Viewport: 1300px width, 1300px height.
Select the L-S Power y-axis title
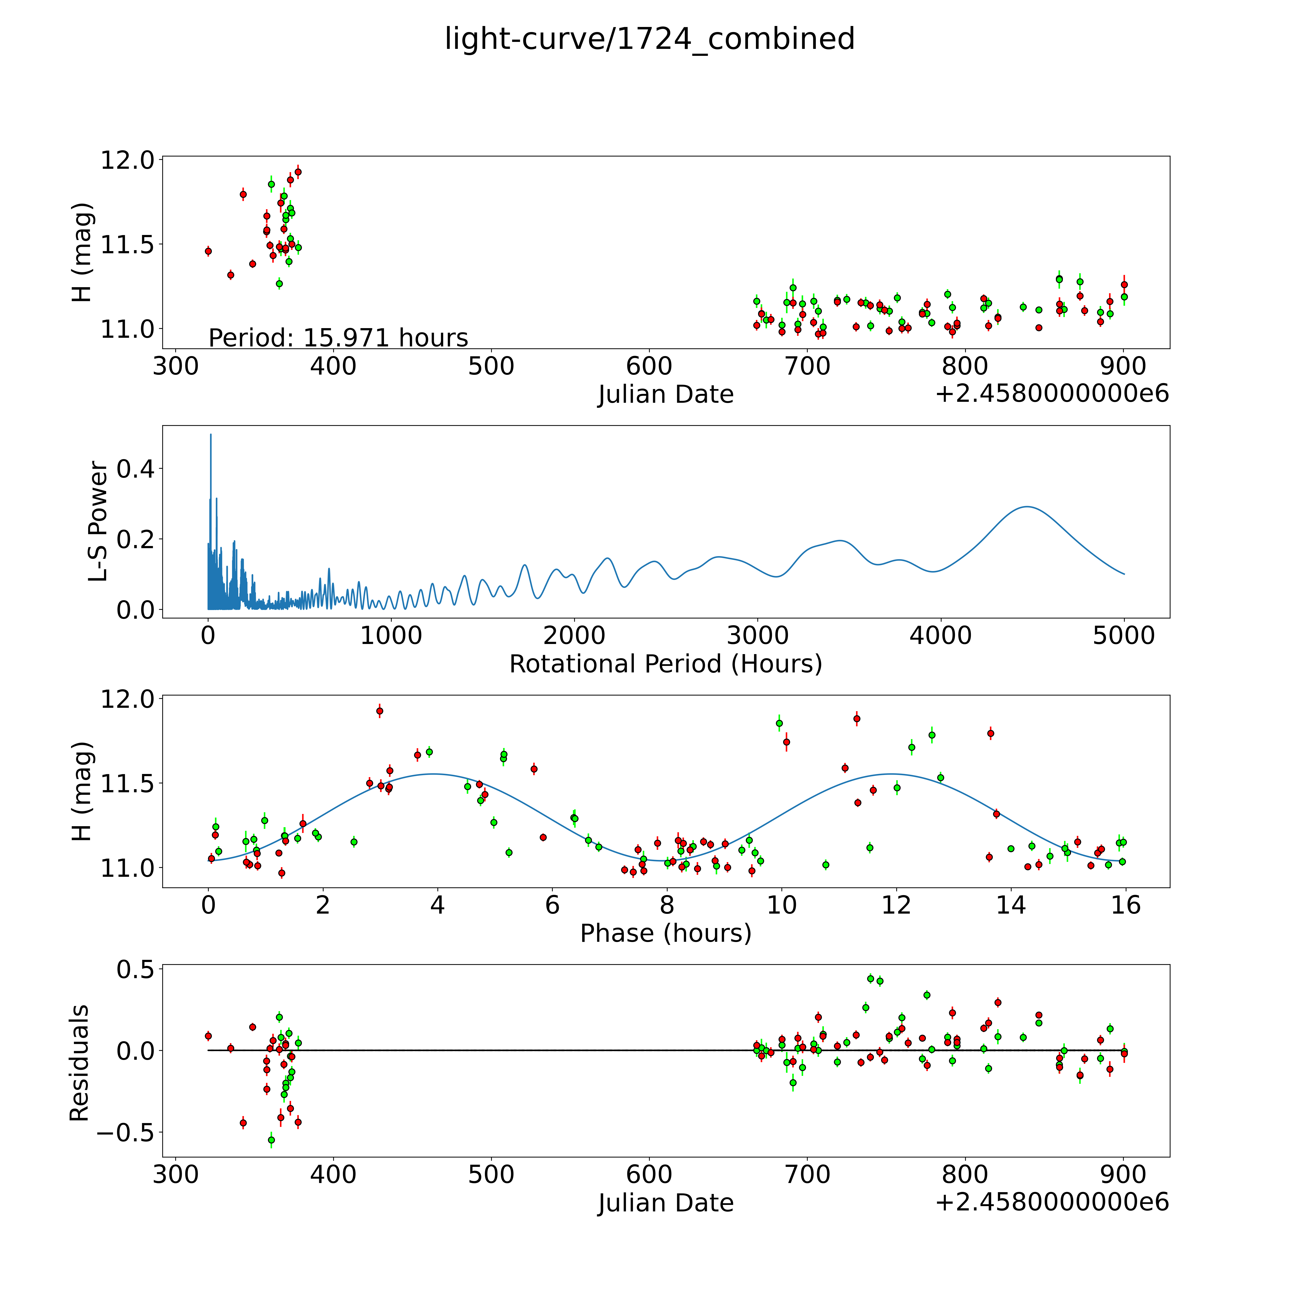[98, 521]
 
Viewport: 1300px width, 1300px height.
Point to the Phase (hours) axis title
[665, 933]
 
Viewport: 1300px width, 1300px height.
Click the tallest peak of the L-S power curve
[211, 435]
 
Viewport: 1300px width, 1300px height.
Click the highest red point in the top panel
[298, 172]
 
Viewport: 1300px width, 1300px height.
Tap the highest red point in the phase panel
[379, 711]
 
